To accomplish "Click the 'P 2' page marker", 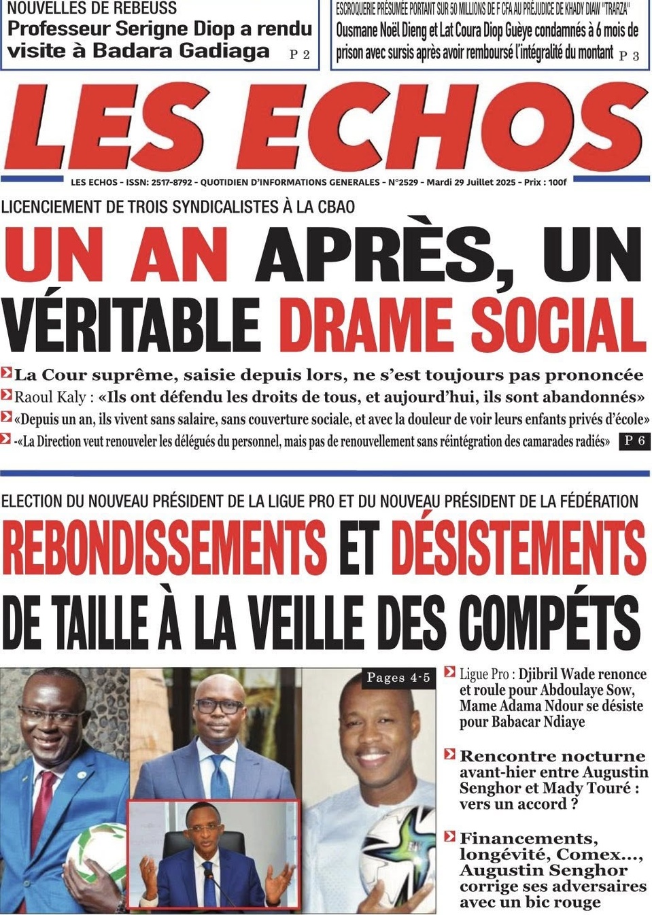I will (299, 54).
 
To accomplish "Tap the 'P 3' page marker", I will (629, 56).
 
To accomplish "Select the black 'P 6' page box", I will (634, 441).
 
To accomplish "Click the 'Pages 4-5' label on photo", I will (398, 677).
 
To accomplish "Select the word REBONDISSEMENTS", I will (165, 547).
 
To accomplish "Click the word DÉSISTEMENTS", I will (518, 547).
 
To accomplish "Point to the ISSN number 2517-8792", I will (172, 182).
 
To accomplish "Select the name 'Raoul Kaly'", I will (50, 397).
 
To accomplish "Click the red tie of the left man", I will (45, 816).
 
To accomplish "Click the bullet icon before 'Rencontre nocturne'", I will (449, 755).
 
